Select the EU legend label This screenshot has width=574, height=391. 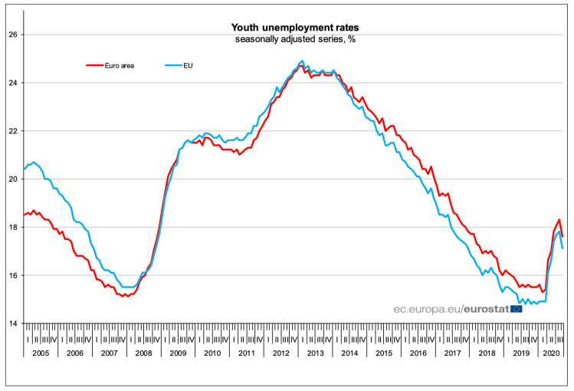point(187,65)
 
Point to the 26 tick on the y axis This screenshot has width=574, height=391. point(13,34)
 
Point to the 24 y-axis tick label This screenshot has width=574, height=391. point(13,83)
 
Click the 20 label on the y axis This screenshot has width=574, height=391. point(13,179)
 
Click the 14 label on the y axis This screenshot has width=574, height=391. point(13,323)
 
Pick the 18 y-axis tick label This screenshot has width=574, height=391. point(13,227)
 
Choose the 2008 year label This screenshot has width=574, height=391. point(143,353)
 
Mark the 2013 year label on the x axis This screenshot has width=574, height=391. point(314,353)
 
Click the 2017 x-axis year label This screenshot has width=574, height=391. point(451,353)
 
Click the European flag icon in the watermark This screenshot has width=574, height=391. point(516,308)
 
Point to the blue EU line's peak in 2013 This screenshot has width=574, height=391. point(302,61)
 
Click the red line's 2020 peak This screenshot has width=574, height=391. point(559,220)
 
